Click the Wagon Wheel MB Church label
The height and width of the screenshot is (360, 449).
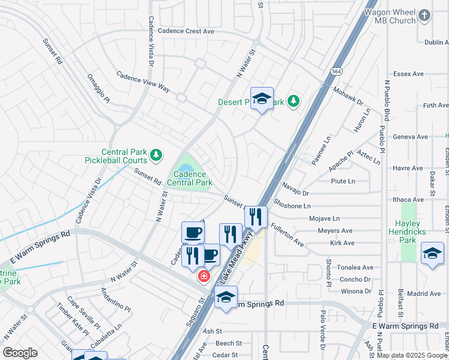(394, 16)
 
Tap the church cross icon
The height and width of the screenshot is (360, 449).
(424, 14)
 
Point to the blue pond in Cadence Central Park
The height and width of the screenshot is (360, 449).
(187, 169)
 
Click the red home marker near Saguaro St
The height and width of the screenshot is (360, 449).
(204, 276)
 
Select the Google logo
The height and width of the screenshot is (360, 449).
(20, 353)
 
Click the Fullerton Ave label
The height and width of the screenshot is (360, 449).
(287, 235)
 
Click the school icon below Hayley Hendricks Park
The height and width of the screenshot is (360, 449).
(432, 253)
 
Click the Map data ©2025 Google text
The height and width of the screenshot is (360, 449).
(411, 355)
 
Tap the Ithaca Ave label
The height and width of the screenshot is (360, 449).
(408, 199)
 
